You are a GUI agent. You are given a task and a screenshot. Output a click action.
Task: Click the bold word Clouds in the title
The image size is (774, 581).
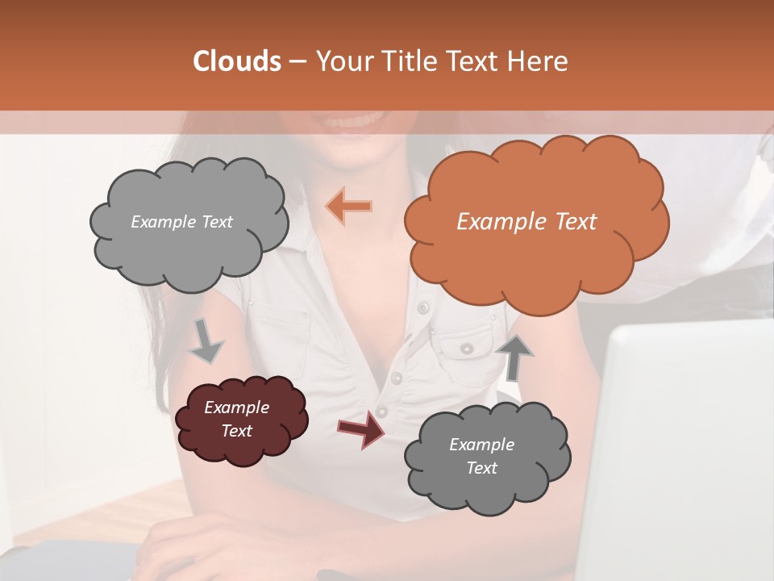(x=236, y=61)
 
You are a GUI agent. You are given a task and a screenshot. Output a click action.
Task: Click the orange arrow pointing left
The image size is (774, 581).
(x=349, y=207)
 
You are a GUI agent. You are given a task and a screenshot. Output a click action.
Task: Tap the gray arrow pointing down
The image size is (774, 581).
(x=206, y=343)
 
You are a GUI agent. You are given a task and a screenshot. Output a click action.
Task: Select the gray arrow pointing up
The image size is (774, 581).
(x=514, y=357)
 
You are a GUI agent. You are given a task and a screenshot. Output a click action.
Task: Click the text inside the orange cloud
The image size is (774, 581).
(x=526, y=222)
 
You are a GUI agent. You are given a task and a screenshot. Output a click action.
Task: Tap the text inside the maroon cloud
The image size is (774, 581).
(x=236, y=419)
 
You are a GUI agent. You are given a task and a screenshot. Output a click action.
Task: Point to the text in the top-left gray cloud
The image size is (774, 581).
(x=181, y=222)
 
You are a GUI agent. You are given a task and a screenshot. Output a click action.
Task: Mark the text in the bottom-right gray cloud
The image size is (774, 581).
(x=481, y=456)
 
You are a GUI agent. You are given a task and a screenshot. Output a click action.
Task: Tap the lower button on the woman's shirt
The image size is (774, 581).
(x=396, y=377)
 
